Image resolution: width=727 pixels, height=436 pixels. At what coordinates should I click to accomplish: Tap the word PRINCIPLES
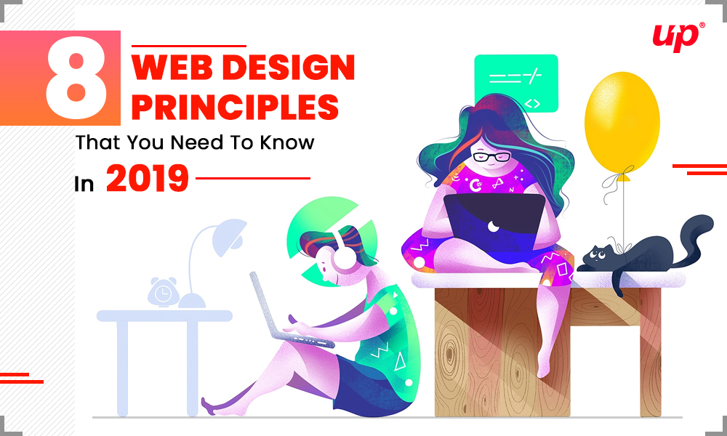click(x=235, y=107)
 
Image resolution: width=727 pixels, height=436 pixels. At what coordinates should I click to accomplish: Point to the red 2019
click(x=147, y=179)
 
